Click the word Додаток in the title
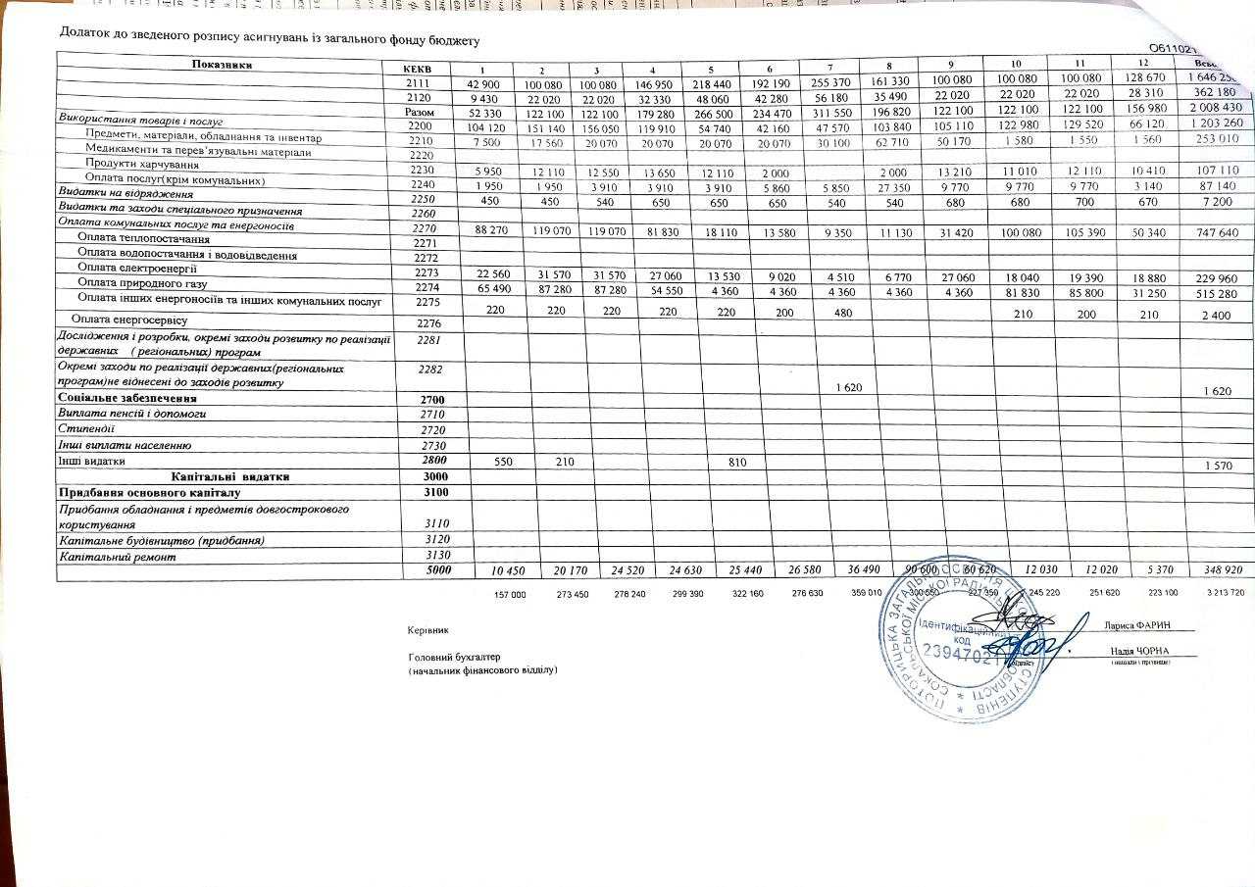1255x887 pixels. [x=89, y=32]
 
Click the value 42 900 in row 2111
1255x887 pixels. [x=499, y=85]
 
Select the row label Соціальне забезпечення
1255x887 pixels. [x=127, y=399]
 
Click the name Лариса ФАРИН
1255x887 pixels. [x=1136, y=626]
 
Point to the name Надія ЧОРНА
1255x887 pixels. [x=1137, y=651]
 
